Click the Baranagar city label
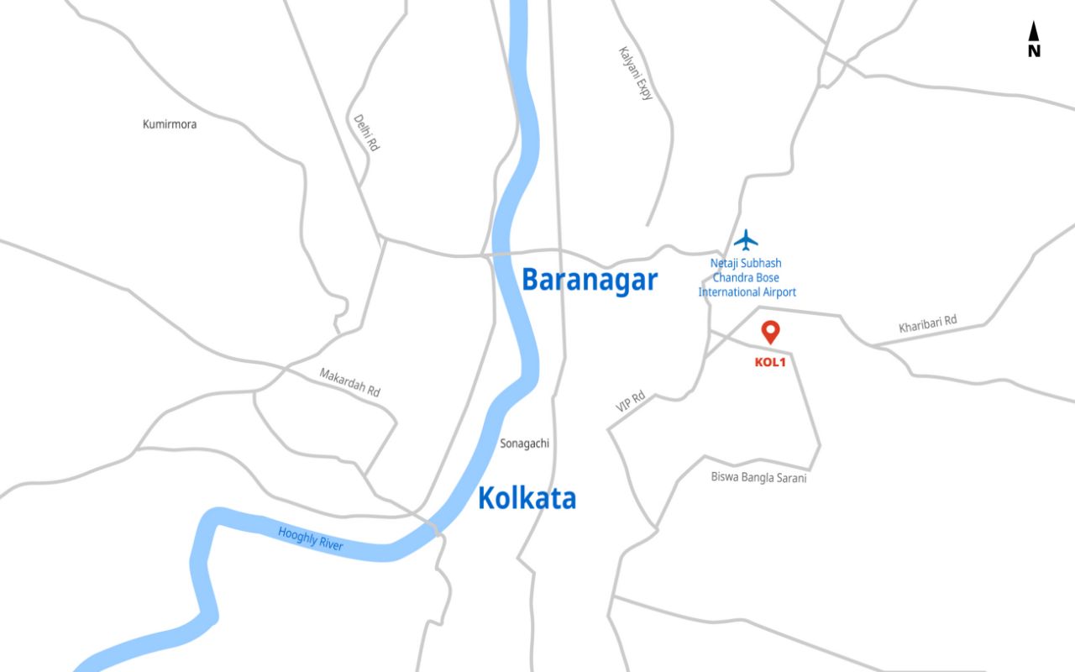pos(590,280)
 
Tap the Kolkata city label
pos(527,498)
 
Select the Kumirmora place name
pos(170,124)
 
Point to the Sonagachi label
pos(524,443)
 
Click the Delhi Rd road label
pos(366,133)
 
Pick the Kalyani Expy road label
pos(635,73)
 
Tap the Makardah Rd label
pos(349,382)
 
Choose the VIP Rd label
pos(630,401)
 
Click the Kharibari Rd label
pos(927,324)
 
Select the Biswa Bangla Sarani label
pos(758,478)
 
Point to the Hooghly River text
pos(311,538)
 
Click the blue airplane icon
pos(746,240)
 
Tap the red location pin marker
pos(770,332)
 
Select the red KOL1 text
pos(769,363)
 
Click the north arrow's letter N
pos(1034,51)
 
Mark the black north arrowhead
pos(1034,32)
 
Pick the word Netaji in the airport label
pos(726,263)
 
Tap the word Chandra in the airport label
pos(732,277)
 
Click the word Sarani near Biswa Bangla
pos(789,478)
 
